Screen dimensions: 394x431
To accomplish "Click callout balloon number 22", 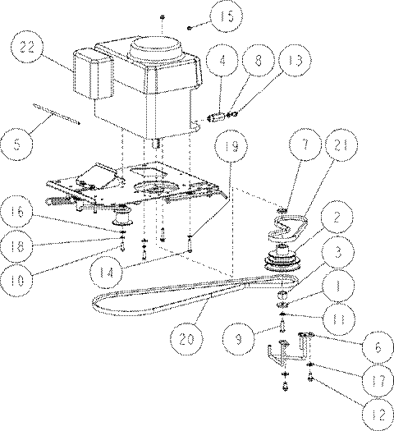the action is pyautogui.click(x=27, y=47).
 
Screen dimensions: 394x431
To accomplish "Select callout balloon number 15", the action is pyautogui.click(x=227, y=16).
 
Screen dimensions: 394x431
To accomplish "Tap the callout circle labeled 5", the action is pyautogui.click(x=16, y=144).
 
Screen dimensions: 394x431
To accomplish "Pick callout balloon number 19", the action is pyautogui.click(x=231, y=146).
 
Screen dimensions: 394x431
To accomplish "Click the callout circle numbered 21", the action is pyautogui.click(x=341, y=144).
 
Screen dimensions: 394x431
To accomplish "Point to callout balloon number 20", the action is pyautogui.click(x=186, y=339).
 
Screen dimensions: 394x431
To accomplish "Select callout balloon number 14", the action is pyautogui.click(x=106, y=273).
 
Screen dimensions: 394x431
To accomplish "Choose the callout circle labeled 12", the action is pyautogui.click(x=378, y=415).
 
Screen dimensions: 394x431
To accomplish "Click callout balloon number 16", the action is pyautogui.click(x=17, y=212).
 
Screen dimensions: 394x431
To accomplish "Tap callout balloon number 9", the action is pyautogui.click(x=239, y=339).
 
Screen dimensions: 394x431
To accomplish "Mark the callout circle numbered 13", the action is pyautogui.click(x=295, y=60).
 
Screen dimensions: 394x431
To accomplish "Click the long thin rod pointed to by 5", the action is pyautogui.click(x=57, y=114).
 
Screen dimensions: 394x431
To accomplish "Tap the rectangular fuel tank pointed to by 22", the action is pyautogui.click(x=93, y=74).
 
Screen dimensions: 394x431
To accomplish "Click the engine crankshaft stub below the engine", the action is pyautogui.click(x=156, y=144).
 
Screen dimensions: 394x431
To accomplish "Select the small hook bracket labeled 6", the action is pyautogui.click(x=305, y=345).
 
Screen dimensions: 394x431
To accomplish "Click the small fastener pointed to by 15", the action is pyautogui.click(x=189, y=28).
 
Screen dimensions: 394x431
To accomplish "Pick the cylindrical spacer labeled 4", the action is pyautogui.click(x=216, y=118).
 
